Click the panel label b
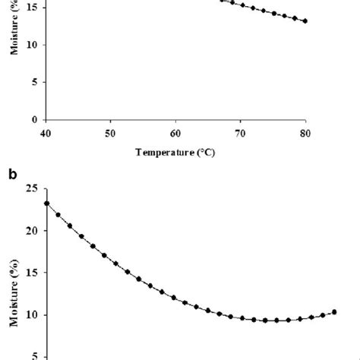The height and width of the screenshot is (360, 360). (12, 174)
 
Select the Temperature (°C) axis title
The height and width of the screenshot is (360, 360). (175, 151)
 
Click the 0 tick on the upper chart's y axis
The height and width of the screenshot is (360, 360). (33, 120)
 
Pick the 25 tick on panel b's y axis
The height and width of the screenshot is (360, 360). (31, 188)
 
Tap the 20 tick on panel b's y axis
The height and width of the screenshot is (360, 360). (31, 231)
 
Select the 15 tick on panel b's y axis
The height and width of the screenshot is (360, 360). (31, 273)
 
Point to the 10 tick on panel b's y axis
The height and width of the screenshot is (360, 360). (31, 315)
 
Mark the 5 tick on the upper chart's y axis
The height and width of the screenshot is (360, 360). (33, 82)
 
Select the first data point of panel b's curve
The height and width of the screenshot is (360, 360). (47, 204)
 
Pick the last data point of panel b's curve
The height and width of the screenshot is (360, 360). (334, 311)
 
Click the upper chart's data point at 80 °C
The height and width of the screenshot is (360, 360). (305, 21)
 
